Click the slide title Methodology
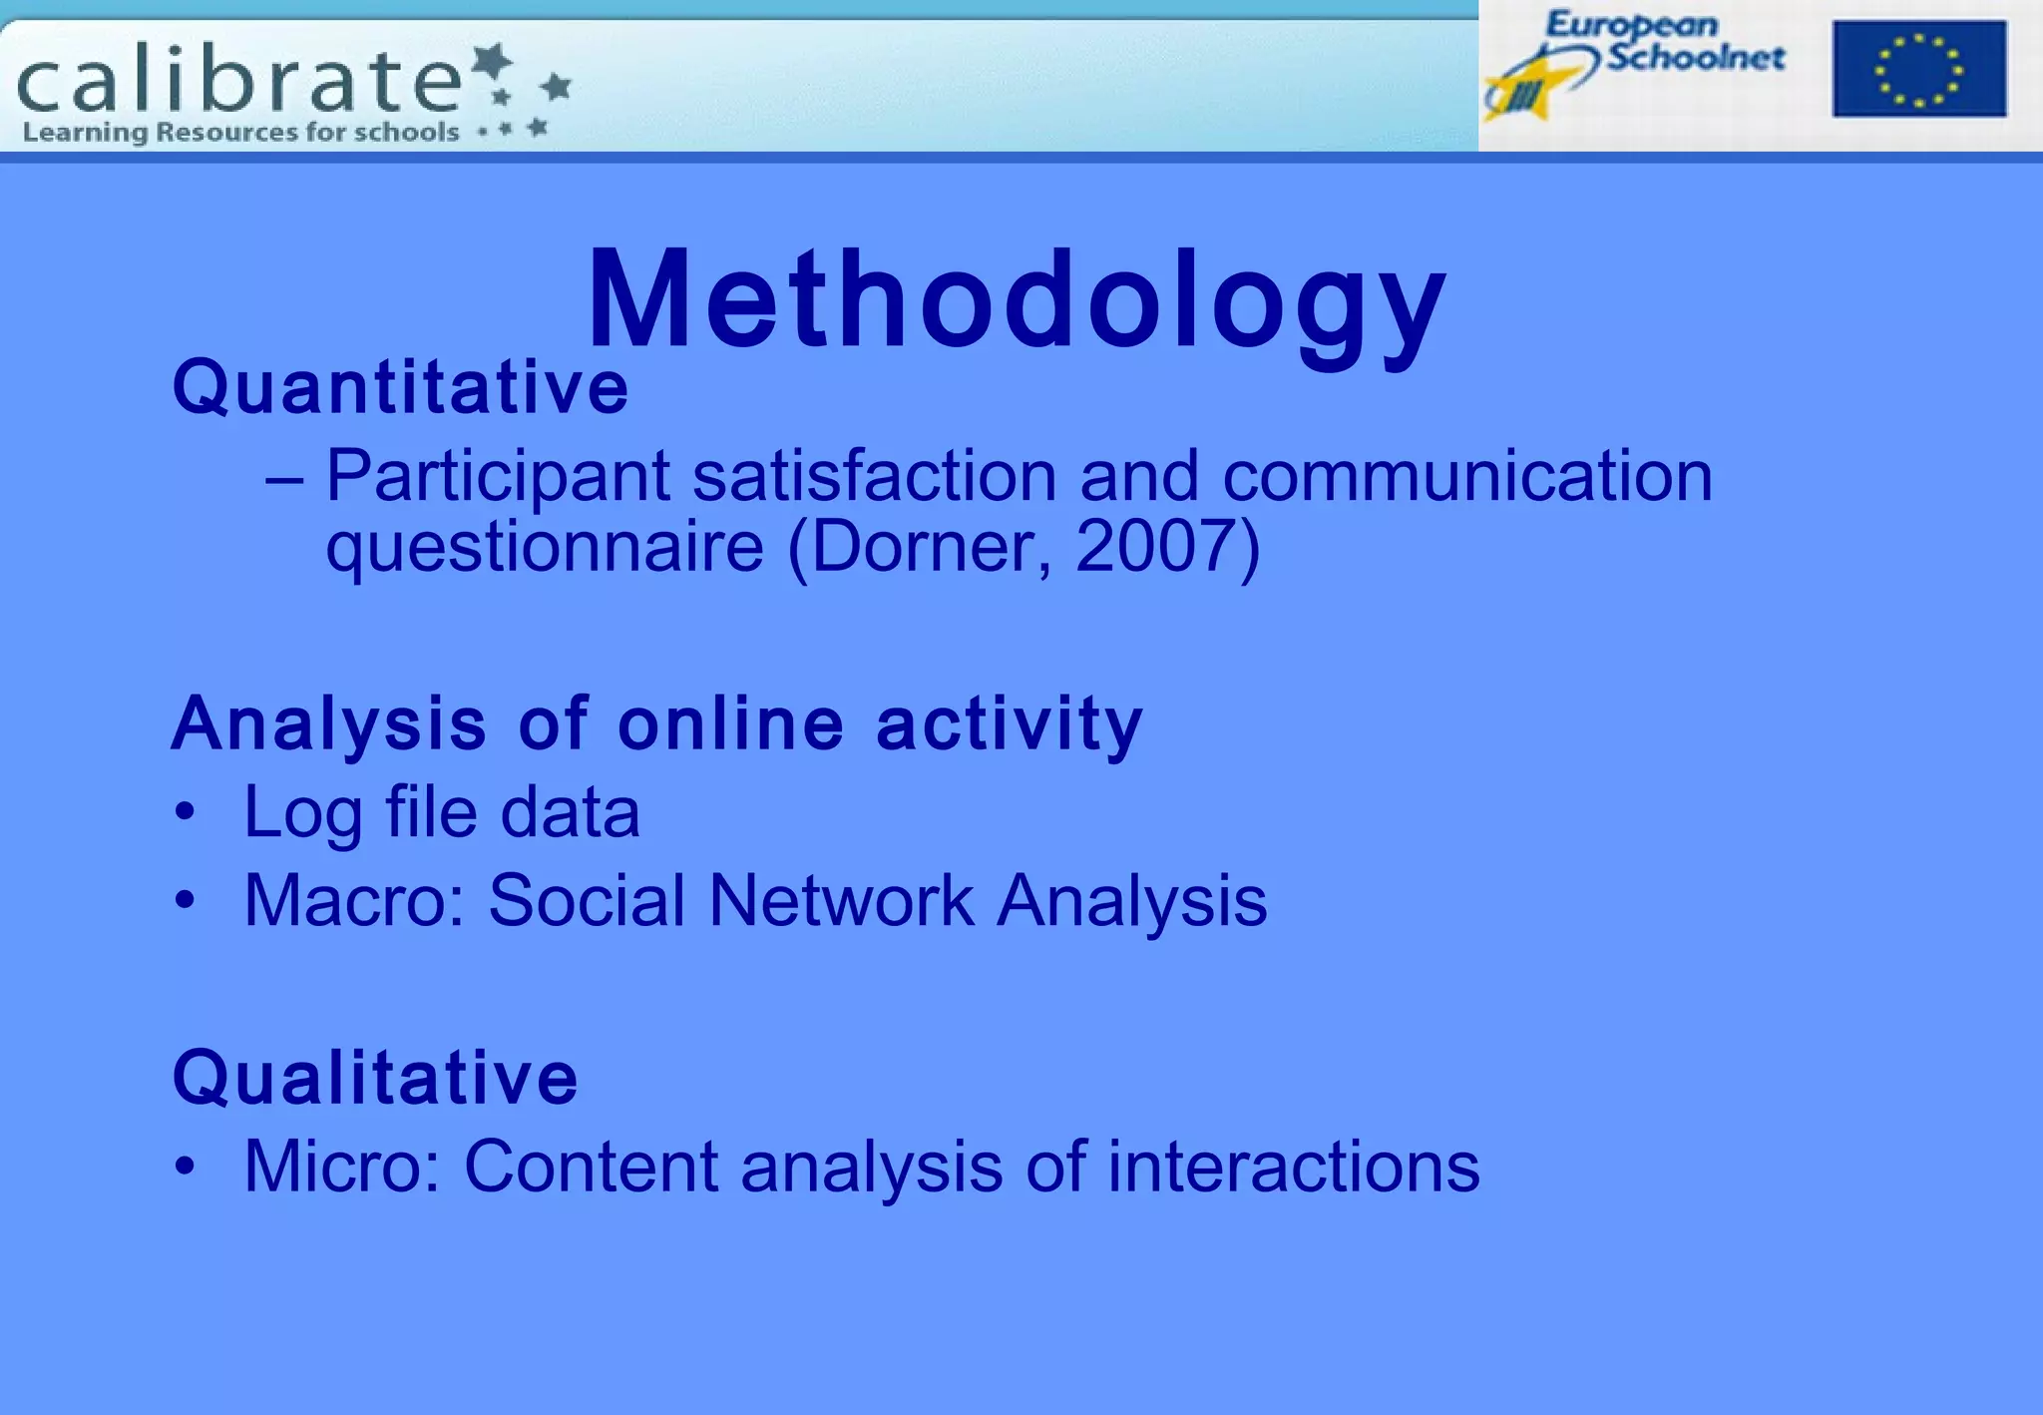[x=1016, y=299]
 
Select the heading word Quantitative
[x=400, y=387]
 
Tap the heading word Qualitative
[x=375, y=1078]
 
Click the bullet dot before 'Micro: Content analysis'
[x=185, y=1167]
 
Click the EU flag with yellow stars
[x=1918, y=69]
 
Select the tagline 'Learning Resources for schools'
[x=240, y=133]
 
